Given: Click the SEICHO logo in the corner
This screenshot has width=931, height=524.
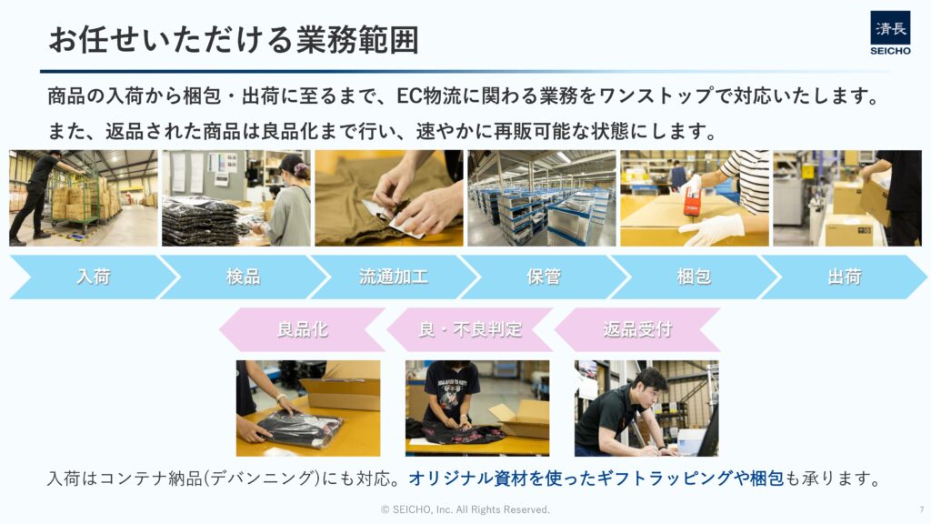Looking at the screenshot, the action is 890,34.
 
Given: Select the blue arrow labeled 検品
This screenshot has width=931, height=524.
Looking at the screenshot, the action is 244,277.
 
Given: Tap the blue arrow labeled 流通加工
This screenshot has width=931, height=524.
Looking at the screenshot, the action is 394,277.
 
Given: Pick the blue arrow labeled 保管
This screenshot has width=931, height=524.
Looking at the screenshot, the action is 544,277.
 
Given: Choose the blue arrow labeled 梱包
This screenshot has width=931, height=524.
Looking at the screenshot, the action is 694,277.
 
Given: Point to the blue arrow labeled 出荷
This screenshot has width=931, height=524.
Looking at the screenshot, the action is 845,277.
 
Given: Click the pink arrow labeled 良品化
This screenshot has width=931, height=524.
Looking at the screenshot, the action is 302,329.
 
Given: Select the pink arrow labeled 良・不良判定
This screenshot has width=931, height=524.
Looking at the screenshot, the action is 470,329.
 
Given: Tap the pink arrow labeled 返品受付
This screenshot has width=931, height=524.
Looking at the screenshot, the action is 637,329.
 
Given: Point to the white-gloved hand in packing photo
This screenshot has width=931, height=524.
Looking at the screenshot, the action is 711,228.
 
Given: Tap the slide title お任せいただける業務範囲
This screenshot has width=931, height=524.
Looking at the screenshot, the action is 234,40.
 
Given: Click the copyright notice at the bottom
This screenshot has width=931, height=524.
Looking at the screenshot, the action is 465,509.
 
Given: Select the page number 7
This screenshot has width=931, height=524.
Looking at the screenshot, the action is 922,509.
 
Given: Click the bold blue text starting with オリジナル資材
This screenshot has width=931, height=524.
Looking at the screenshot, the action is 596,479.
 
